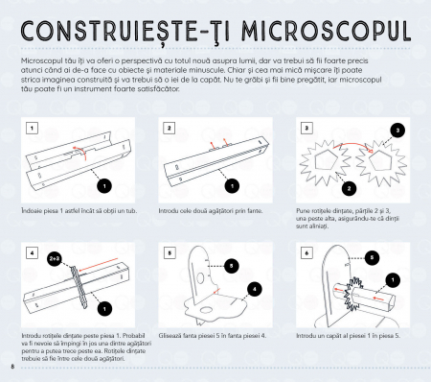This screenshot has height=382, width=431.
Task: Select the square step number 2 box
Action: (169, 128)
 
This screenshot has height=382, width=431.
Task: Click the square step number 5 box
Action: (169, 253)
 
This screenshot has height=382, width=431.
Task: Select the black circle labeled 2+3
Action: (55, 258)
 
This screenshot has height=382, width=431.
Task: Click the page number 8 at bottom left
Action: (13, 368)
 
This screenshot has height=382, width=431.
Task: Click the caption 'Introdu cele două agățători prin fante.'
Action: (209, 210)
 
